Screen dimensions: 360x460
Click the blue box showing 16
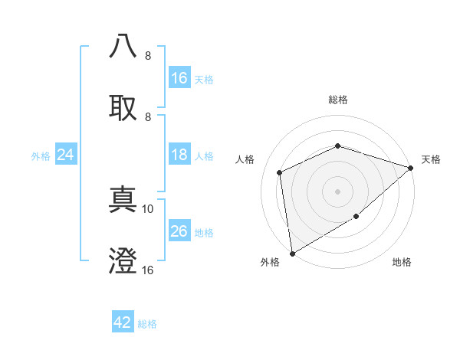tap(179, 77)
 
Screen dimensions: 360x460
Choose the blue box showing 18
tap(179, 155)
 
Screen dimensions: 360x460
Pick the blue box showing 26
tap(179, 231)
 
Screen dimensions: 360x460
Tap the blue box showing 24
tap(66, 155)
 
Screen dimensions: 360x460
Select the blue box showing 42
tap(123, 322)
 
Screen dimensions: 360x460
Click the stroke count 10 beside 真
tap(148, 208)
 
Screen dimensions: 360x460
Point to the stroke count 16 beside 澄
tap(148, 270)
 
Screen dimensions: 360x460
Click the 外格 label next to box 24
tap(41, 155)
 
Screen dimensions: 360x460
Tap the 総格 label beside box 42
tap(147, 324)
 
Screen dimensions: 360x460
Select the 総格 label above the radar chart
tap(337, 100)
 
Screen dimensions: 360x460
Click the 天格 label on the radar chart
tap(431, 159)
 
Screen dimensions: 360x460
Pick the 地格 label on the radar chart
tap(402, 263)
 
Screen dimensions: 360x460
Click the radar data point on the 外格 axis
tap(292, 253)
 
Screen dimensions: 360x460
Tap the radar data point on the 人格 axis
tap(280, 172)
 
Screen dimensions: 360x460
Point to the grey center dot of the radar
tap(337, 191)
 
